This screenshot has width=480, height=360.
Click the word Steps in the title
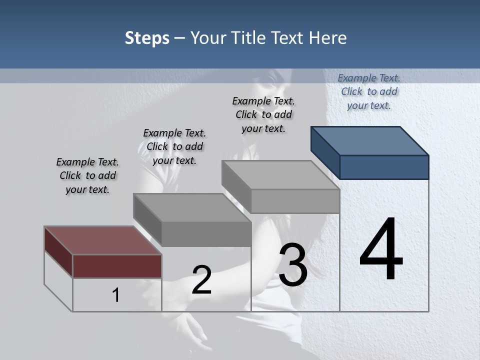tap(147, 38)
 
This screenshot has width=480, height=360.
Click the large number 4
tap(381, 250)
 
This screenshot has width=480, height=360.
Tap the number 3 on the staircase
tap(293, 265)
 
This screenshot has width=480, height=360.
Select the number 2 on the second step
tap(201, 280)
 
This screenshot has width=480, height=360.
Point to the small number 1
tap(116, 295)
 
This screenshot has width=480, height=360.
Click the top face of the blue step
tap(370, 140)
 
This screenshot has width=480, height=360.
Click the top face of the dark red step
tap(102, 240)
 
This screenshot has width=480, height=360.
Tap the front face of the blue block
tap(384, 167)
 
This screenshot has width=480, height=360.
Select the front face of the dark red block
tap(117, 266)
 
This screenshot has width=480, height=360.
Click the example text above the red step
tap(87, 175)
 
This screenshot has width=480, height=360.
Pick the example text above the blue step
tap(369, 91)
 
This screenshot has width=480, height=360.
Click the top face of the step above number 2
tap(191, 207)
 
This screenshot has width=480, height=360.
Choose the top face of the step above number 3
tap(280, 174)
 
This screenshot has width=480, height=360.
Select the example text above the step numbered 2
tap(174, 146)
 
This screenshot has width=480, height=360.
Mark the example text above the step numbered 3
tap(263, 114)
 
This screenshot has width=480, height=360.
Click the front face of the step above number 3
tap(295, 201)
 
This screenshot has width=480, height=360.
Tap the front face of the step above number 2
tap(206, 234)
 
